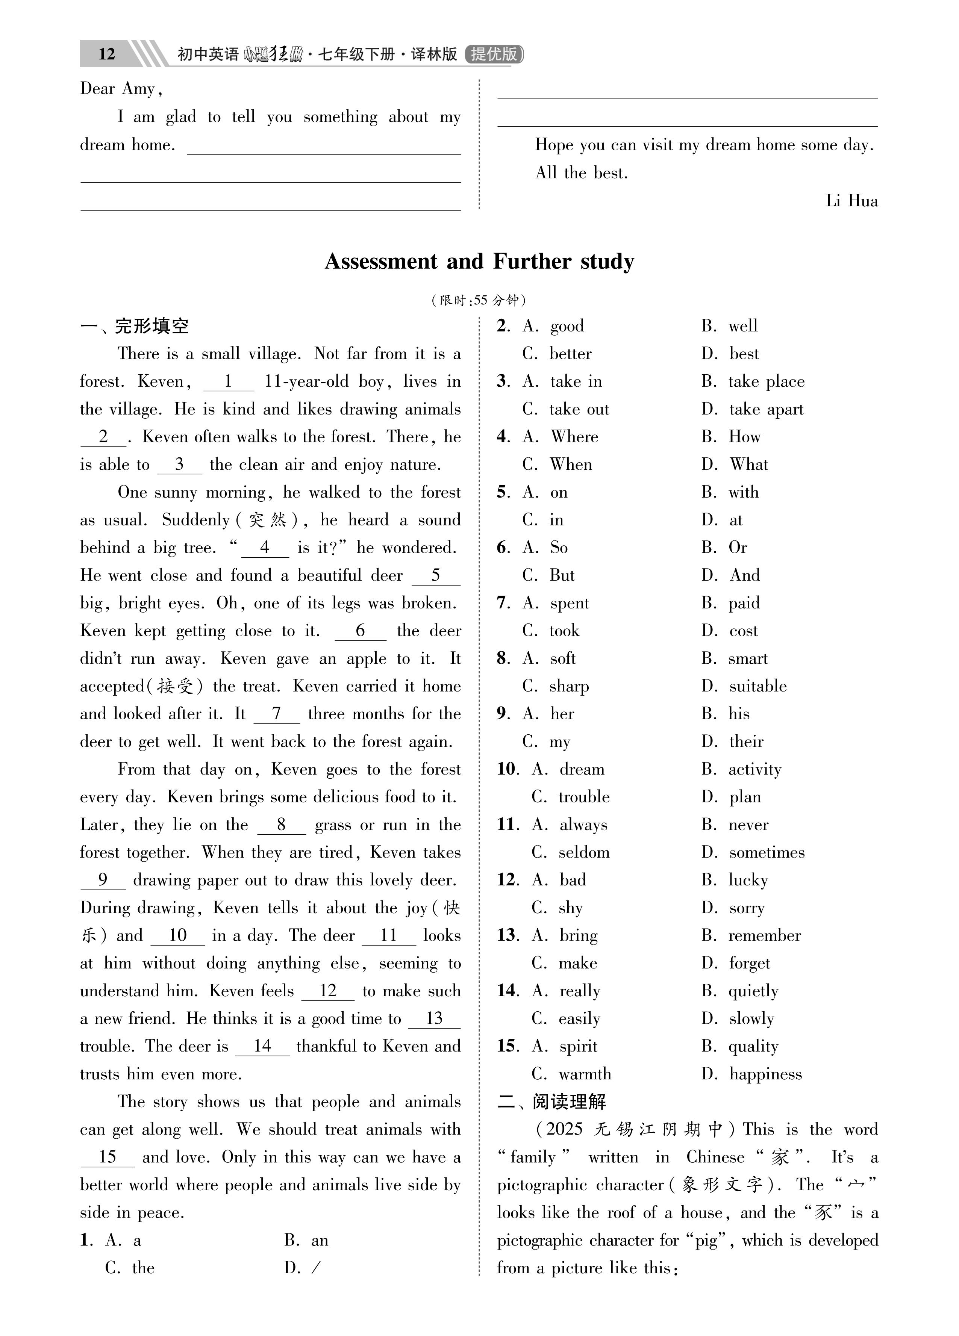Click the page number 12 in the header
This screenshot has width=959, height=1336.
[x=107, y=54]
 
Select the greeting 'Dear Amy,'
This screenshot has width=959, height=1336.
[x=121, y=89]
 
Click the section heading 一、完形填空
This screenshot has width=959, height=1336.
[x=134, y=326]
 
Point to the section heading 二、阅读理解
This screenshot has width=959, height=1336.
[x=552, y=1101]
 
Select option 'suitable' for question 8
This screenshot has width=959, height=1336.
[x=758, y=686]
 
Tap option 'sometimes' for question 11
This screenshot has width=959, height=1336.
[x=766, y=852]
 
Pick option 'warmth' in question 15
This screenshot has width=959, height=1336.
[x=585, y=1073]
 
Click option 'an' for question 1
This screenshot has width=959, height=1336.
[x=319, y=1240]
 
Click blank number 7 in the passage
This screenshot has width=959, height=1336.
[x=276, y=714]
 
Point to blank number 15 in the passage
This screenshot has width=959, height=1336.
[x=107, y=1157]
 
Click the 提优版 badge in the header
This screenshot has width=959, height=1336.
[x=494, y=54]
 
